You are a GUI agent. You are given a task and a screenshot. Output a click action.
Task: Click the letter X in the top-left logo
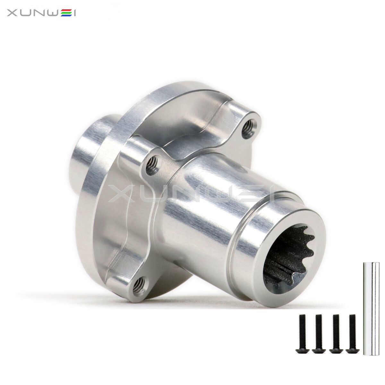click(13, 13)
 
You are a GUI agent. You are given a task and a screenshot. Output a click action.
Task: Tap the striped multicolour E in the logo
click(67, 13)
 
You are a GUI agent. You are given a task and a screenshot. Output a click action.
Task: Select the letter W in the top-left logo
click(52, 13)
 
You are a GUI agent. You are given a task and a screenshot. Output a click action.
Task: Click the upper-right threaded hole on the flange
click(249, 130)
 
